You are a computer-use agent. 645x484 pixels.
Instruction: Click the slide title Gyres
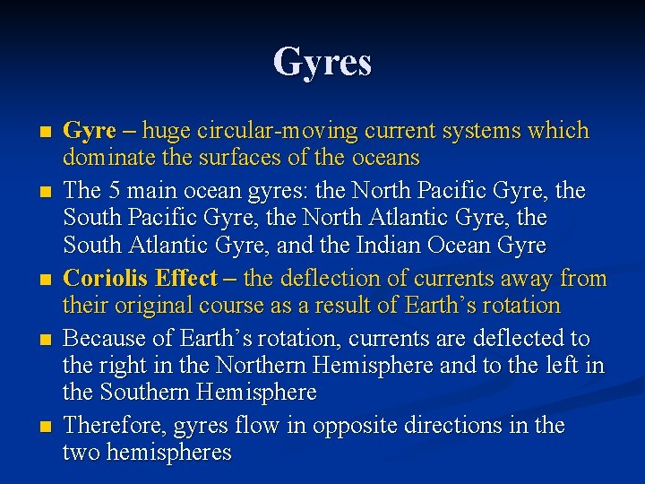click(x=322, y=63)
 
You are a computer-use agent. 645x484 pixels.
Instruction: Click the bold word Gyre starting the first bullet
click(x=90, y=131)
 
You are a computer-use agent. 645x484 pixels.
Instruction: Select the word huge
click(x=165, y=131)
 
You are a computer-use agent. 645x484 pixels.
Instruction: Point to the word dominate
click(x=106, y=159)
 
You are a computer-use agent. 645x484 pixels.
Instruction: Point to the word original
click(x=142, y=306)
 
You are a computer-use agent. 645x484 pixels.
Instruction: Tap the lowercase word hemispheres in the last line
click(x=169, y=453)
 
